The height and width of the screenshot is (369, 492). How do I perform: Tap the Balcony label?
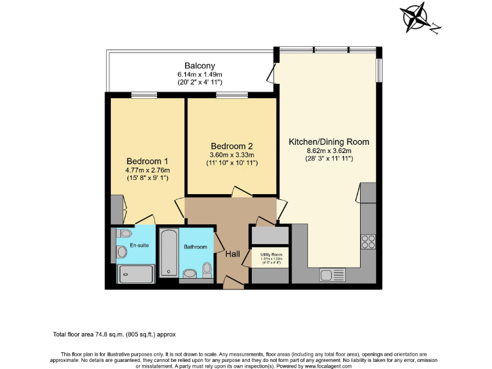199,66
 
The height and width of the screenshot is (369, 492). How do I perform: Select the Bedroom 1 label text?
147,161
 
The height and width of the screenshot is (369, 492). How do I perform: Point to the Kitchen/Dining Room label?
329,142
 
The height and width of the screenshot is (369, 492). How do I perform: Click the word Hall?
233,254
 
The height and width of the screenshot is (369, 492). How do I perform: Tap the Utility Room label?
270,254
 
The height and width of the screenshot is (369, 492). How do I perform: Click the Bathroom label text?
195,247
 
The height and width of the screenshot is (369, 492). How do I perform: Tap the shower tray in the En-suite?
136,274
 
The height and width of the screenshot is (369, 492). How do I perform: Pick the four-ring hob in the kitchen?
368,242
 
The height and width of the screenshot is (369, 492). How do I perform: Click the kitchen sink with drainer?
332,275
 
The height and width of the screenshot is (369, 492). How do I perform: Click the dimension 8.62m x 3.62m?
329,151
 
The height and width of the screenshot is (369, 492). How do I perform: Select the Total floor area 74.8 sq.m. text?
113,334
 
